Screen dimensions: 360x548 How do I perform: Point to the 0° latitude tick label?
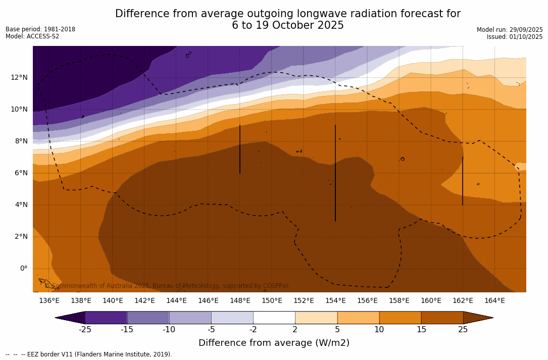tap(24, 268)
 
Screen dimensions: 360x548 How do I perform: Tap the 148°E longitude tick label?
tap(240, 301)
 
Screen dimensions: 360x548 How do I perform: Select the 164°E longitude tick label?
tap(494, 301)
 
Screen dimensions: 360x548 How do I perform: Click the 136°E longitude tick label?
tap(49, 301)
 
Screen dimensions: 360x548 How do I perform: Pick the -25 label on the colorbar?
tap(85, 330)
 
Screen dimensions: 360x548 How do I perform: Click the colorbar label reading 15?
tap(421, 330)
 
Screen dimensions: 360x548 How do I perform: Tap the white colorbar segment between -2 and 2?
tap(274, 318)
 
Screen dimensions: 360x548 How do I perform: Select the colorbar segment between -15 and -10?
tap(148, 318)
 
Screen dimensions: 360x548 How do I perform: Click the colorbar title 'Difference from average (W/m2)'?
tap(274, 343)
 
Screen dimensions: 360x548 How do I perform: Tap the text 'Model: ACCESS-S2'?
tap(32, 36)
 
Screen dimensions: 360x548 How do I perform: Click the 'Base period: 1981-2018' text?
tap(40, 29)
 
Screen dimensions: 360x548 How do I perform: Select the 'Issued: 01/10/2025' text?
tap(515, 37)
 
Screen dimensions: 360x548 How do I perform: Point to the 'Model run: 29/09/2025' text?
tap(510, 30)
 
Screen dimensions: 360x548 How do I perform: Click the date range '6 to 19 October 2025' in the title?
tap(288, 26)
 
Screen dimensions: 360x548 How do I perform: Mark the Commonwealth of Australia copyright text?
tap(167, 286)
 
